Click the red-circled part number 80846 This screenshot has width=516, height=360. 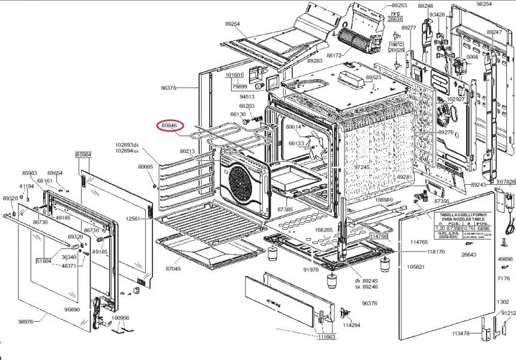pos(169,125)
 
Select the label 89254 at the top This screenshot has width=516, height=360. pos(232,23)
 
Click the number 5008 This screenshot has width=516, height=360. pos(472,57)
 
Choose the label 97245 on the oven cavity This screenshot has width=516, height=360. pos(362,167)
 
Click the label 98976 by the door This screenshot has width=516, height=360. pos(26,322)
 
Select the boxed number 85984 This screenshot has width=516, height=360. pos(83,154)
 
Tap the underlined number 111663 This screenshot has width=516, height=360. pos(326,337)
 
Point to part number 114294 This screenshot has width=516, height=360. pos(351,325)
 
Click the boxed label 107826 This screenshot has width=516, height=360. pos(506,182)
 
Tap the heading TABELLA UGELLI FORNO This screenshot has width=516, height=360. pos(460,213)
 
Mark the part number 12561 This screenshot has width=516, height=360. pos(133,219)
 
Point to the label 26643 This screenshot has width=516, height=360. pos(469,254)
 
